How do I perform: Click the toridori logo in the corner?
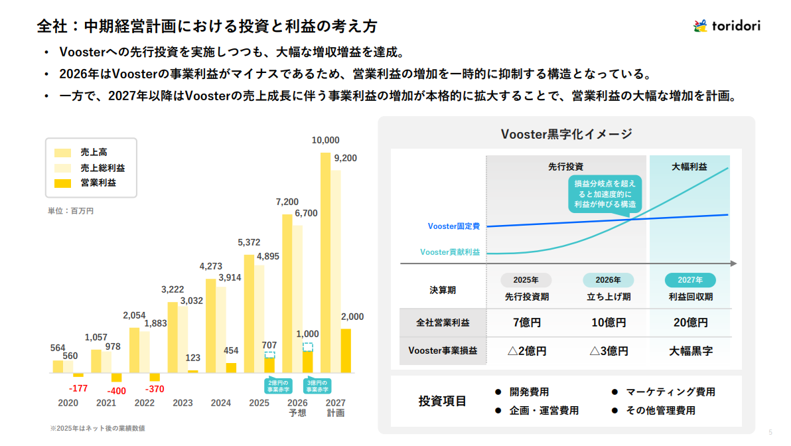(x=727, y=26)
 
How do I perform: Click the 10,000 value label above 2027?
(x=325, y=140)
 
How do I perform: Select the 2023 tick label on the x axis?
(x=182, y=403)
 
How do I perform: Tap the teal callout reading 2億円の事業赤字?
(x=269, y=386)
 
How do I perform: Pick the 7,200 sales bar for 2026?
(x=287, y=292)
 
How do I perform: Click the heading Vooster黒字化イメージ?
(x=566, y=134)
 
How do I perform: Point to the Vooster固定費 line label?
(x=454, y=226)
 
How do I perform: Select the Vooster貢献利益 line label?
(x=450, y=252)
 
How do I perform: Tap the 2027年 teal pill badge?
(x=691, y=280)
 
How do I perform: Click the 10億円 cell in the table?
(x=609, y=323)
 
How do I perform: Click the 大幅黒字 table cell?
(x=691, y=351)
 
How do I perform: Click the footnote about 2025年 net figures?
(x=98, y=428)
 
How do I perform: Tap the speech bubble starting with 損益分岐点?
(x=604, y=193)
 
